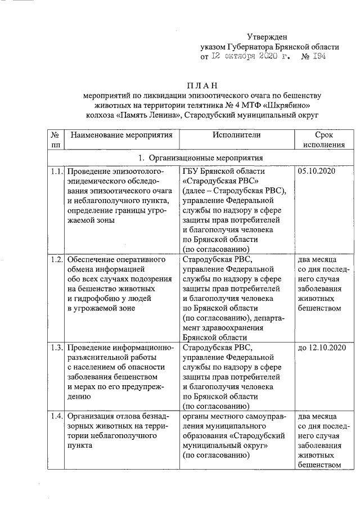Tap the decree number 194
(316, 56)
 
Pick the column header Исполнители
(237, 135)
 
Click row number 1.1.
(55, 172)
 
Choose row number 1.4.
(55, 416)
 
